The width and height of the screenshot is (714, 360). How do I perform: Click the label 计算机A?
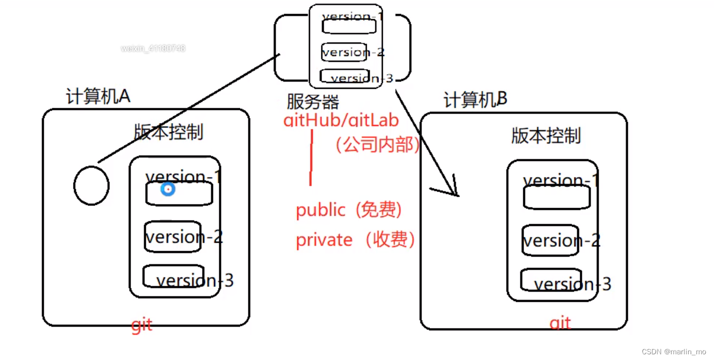(x=98, y=96)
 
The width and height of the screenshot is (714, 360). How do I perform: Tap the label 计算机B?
(x=474, y=100)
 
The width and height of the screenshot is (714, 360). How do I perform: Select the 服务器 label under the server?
(x=313, y=101)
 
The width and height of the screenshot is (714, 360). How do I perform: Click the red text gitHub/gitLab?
(x=341, y=120)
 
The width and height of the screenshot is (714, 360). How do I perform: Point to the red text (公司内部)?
(x=376, y=145)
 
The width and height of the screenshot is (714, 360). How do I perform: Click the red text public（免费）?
(x=349, y=210)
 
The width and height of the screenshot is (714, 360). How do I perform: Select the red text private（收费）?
(x=356, y=240)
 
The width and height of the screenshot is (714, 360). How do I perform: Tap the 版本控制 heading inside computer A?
(x=168, y=132)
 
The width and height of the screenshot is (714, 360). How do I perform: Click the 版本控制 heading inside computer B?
(x=545, y=136)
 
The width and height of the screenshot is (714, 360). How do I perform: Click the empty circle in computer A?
(x=92, y=185)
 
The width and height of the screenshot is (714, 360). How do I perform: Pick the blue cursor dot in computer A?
(x=167, y=189)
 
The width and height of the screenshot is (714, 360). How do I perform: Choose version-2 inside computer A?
(x=184, y=237)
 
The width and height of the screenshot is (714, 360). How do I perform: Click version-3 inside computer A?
(x=194, y=281)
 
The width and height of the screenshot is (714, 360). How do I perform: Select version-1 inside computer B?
(x=561, y=181)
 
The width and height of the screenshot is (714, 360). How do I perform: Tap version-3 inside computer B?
(x=572, y=284)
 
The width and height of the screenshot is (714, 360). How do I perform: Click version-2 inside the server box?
(x=353, y=52)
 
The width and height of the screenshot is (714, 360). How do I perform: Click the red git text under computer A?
(x=142, y=325)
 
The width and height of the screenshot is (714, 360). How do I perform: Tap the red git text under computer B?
(x=560, y=324)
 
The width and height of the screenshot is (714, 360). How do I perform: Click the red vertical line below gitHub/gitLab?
(x=311, y=158)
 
